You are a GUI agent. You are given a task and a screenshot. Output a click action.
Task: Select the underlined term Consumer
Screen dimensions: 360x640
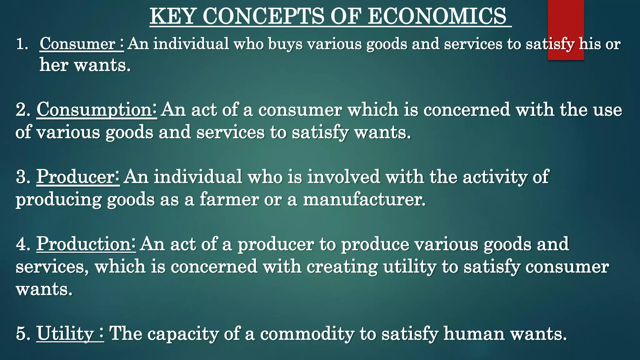point(77,44)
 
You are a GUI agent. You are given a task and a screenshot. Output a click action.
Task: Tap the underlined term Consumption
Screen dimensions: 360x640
point(94,110)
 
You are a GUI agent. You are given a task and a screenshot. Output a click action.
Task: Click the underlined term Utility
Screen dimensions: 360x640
point(65,333)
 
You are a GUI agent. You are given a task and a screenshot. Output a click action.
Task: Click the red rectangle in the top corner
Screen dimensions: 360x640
point(566,19)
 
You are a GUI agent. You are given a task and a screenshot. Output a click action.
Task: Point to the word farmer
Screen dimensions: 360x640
point(229,199)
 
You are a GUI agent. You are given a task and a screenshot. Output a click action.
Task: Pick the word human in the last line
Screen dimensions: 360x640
point(474,333)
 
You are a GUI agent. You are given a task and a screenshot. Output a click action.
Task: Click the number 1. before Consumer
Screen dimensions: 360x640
point(22,44)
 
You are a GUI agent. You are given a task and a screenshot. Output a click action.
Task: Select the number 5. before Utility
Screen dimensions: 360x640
point(23,333)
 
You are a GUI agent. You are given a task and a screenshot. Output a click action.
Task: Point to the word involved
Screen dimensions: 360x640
point(343,177)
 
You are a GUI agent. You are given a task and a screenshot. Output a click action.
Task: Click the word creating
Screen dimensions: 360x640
point(342,267)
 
